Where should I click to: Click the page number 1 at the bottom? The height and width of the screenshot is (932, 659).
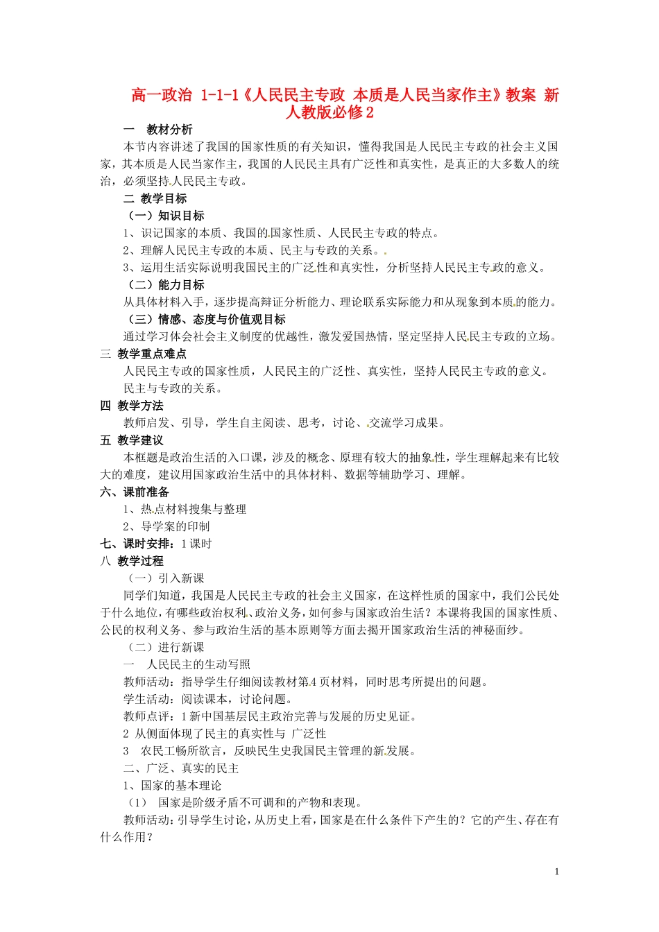coord(556,872)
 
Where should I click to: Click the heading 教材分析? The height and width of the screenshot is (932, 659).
coord(169,130)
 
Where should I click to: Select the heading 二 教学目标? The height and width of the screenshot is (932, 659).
coord(155,198)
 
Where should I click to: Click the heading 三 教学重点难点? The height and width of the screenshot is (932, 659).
coord(144,354)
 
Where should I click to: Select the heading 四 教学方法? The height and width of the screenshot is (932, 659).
coord(132,406)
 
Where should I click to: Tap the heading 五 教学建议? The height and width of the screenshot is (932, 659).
coord(132,440)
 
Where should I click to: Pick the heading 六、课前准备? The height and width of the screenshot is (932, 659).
coord(135,492)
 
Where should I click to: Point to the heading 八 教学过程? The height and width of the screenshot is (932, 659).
coord(132,561)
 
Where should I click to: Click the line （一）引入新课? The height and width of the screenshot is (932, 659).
coord(165,578)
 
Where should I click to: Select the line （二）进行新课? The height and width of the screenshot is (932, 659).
coord(165,647)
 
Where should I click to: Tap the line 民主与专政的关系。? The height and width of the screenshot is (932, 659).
coord(173,388)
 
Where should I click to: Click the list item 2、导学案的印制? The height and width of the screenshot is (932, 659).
coord(166,526)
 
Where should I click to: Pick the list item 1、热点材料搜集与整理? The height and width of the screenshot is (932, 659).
coord(185,509)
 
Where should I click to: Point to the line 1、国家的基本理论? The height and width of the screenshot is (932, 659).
coord(173,786)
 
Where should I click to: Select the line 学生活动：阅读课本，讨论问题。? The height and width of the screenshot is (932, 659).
coord(208,699)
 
